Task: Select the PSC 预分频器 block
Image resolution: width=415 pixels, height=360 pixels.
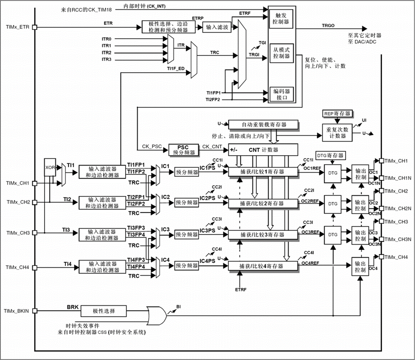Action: click(x=183, y=149)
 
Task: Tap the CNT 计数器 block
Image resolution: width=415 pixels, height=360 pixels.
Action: click(x=263, y=149)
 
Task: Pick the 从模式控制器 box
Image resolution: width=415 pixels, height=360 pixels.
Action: click(x=281, y=53)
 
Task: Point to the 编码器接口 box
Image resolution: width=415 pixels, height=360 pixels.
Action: click(x=281, y=94)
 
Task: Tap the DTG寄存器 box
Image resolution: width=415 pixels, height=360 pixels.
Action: click(x=330, y=155)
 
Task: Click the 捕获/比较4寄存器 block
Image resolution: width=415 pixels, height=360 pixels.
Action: click(x=263, y=266)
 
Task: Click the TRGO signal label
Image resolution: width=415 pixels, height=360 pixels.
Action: click(x=328, y=26)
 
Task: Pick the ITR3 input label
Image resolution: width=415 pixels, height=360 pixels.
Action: click(x=107, y=60)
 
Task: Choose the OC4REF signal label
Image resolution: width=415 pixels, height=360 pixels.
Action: click(x=310, y=263)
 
